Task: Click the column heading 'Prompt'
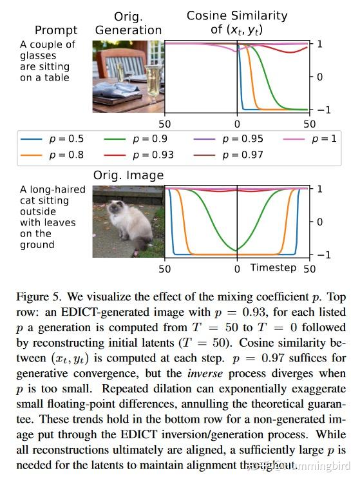56,30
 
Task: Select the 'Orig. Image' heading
129,175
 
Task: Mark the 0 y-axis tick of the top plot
319,76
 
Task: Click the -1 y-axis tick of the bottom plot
319,255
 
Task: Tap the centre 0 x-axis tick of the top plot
237,124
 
